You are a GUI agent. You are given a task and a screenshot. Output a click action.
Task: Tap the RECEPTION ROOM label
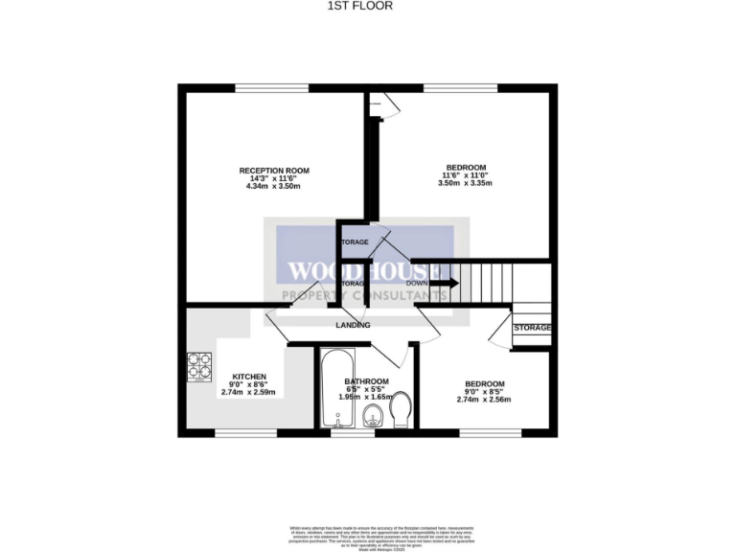(x=274, y=171)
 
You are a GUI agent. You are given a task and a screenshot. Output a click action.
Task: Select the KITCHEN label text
(x=249, y=377)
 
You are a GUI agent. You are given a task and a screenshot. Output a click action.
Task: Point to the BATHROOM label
(x=366, y=380)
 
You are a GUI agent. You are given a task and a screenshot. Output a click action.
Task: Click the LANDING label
(x=353, y=326)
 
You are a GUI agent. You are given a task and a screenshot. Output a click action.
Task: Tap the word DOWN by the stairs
(x=416, y=283)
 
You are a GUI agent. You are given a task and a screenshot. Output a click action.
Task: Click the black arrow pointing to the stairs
(x=446, y=283)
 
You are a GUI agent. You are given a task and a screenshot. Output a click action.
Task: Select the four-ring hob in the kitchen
(x=200, y=366)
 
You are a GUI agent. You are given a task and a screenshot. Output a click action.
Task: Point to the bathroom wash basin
(x=374, y=415)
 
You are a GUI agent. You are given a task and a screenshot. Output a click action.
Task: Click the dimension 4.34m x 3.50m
(x=274, y=186)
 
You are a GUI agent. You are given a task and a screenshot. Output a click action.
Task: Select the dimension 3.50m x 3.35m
(x=466, y=183)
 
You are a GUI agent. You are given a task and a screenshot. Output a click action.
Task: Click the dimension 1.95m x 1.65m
(x=366, y=396)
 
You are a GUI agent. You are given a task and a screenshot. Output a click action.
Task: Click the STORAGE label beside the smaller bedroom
(x=533, y=328)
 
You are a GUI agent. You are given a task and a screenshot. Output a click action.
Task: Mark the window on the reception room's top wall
(x=264, y=88)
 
